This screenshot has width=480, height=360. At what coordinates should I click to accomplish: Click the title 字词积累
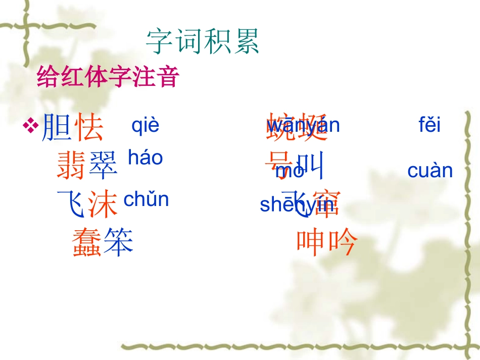203,41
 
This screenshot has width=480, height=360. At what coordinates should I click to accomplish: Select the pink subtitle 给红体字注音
108,78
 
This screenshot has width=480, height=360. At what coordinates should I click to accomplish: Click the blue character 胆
57,127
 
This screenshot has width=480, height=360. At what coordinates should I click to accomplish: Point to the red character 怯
89,127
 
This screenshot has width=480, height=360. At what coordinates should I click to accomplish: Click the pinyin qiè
145,125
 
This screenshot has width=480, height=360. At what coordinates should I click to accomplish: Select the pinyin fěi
429,124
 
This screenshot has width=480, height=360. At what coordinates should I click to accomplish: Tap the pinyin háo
145,158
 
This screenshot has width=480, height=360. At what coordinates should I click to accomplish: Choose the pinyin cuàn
430,171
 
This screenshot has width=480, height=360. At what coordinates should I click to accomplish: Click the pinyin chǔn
146,199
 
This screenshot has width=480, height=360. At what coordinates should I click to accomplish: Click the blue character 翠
103,165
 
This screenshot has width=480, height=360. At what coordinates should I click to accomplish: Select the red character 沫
103,203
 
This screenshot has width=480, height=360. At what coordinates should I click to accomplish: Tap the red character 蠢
87,242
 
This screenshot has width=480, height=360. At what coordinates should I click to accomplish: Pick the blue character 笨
119,242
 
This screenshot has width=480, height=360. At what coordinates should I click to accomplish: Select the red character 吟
343,242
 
